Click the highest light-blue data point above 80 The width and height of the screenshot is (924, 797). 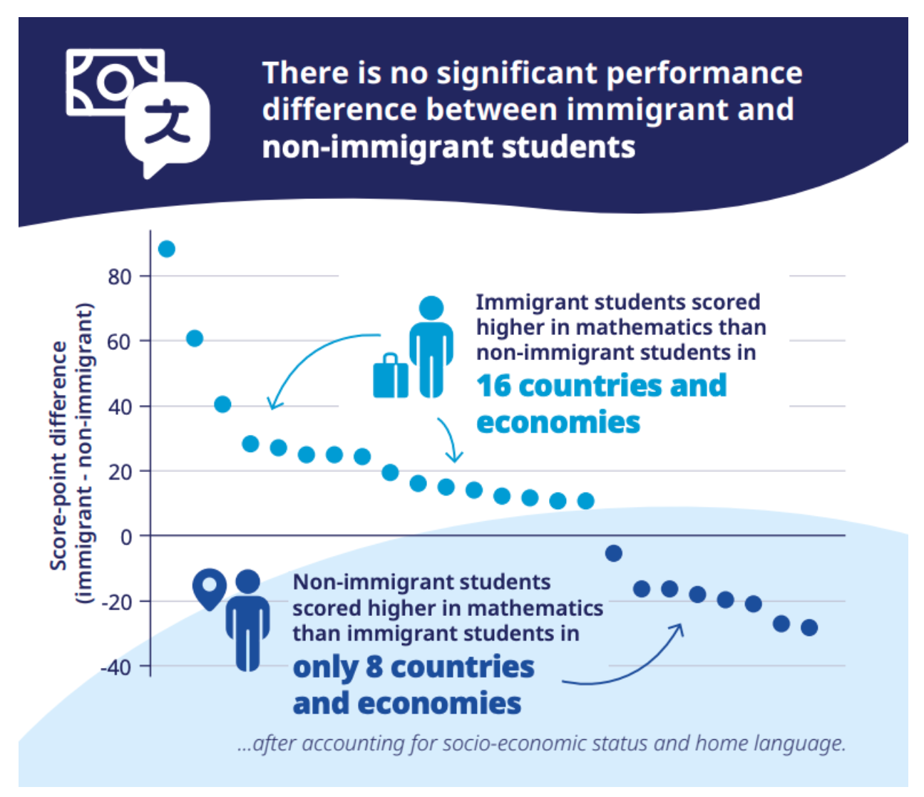pyautogui.click(x=166, y=249)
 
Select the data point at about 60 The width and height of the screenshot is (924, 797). pyautogui.click(x=195, y=338)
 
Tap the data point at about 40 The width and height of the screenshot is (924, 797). pyautogui.click(x=222, y=404)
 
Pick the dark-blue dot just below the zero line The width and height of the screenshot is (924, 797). pyautogui.click(x=613, y=553)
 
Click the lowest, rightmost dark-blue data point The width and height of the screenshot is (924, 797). pyautogui.click(x=808, y=627)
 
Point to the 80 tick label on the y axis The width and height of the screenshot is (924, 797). pyautogui.click(x=120, y=277)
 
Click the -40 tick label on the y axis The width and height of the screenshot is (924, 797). pyautogui.click(x=116, y=667)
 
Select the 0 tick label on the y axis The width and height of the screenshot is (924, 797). pyautogui.click(x=126, y=537)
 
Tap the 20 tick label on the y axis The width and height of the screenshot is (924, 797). pyautogui.click(x=120, y=472)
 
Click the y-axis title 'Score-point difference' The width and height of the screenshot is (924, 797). pyautogui.click(x=58, y=456)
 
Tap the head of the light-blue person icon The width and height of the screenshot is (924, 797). pyautogui.click(x=431, y=308)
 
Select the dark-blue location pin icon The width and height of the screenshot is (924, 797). pyautogui.click(x=209, y=588)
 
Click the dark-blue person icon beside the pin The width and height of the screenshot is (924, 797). pyautogui.click(x=247, y=620)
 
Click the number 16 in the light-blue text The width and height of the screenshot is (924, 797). pyautogui.click(x=495, y=386)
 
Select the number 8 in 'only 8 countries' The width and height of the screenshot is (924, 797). pyautogui.click(x=375, y=667)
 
